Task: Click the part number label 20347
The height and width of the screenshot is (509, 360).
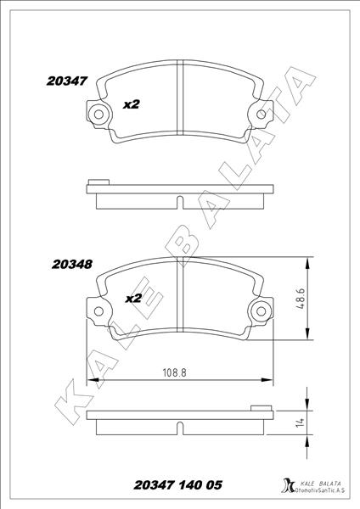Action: point(67,81)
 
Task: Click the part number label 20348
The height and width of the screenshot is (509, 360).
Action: point(72,264)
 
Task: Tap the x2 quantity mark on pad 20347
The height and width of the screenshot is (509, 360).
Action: point(132,104)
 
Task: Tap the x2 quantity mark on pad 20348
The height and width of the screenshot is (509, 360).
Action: point(133,298)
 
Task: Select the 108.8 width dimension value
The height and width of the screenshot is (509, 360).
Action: point(174,372)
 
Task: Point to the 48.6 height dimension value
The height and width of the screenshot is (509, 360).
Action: point(301,298)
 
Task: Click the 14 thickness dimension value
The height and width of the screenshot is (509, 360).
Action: point(301,422)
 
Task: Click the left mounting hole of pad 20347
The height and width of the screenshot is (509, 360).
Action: point(98,115)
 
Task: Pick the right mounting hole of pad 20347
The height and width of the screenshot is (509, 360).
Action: point(261,115)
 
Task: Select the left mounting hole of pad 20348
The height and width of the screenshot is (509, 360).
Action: point(98,311)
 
